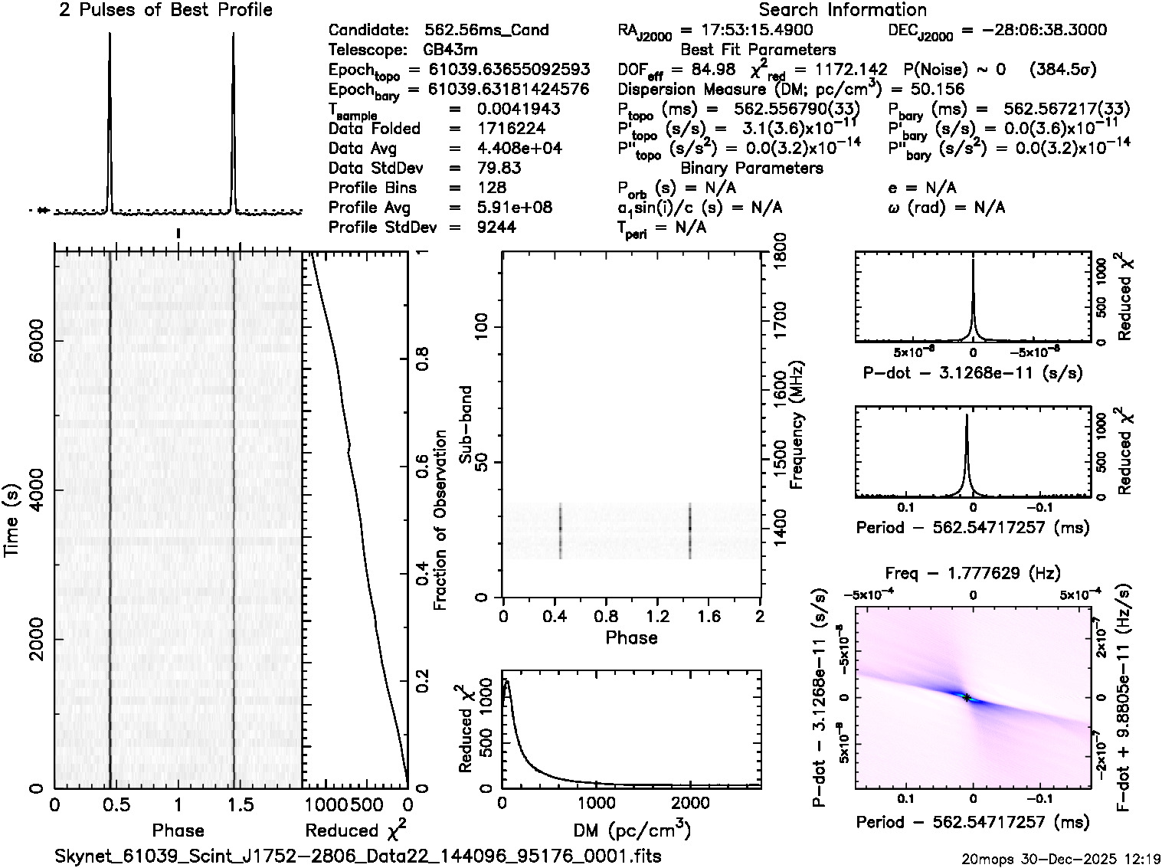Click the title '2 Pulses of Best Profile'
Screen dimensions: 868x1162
[165, 10]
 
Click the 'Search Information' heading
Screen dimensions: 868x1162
[842, 10]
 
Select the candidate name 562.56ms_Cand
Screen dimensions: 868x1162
[486, 31]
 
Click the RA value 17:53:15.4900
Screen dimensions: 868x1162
[747, 31]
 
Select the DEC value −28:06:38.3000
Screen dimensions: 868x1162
[1033, 31]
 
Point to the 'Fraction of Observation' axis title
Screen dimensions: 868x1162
[440, 520]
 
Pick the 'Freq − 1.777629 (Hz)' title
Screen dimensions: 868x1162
[973, 572]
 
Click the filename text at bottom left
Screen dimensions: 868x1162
[358, 856]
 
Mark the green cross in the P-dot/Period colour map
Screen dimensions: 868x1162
[967, 697]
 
